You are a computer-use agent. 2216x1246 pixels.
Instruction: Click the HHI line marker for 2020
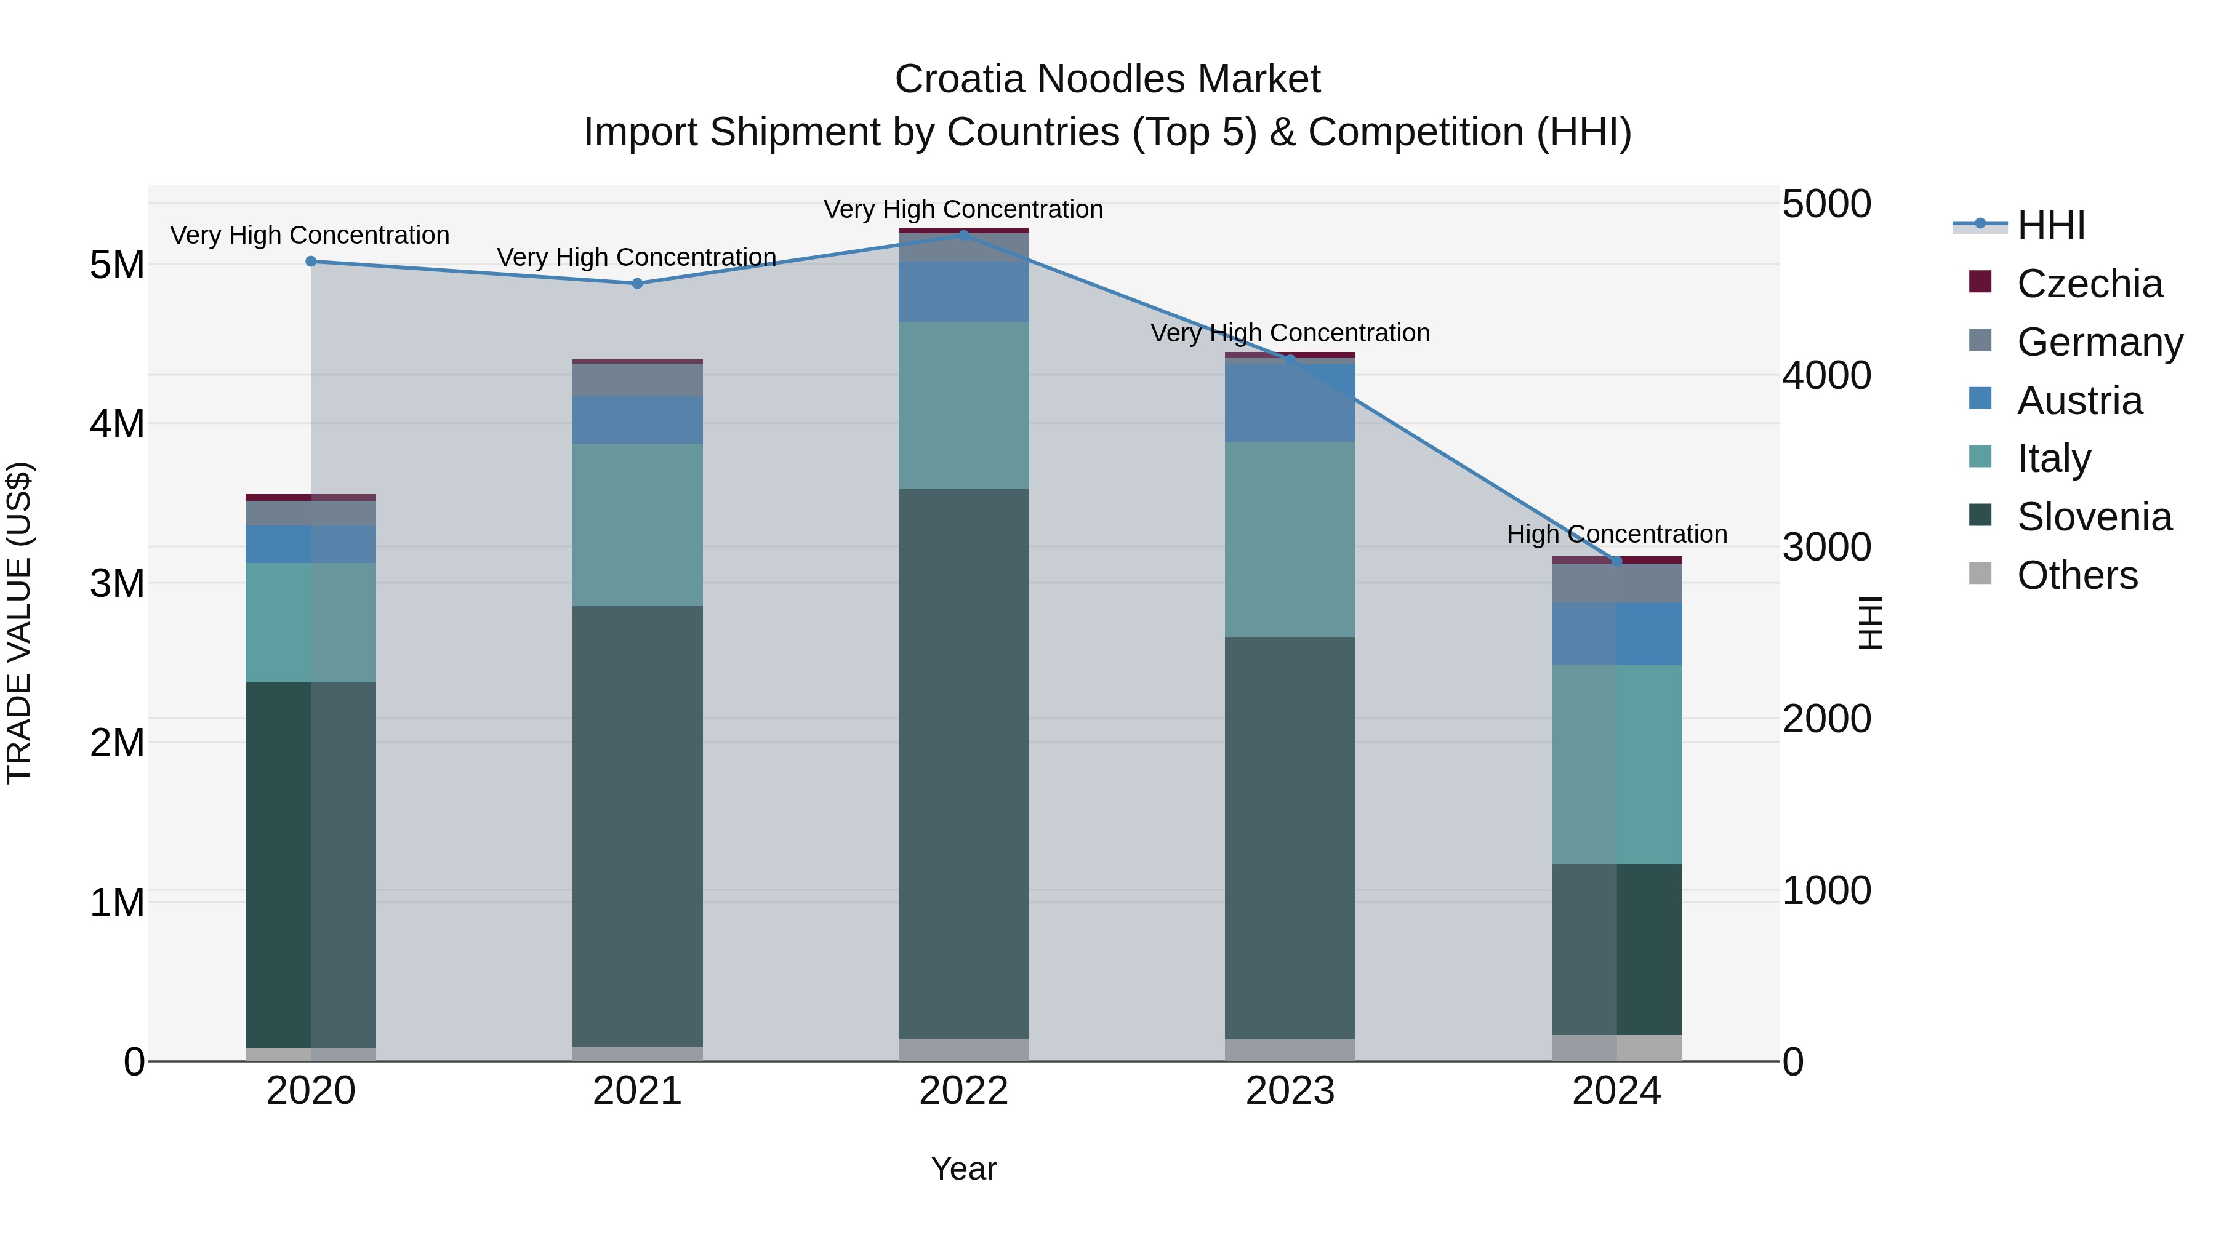(311, 262)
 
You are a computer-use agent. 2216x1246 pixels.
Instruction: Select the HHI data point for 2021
(638, 284)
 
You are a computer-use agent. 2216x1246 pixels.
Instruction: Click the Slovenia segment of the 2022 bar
(963, 764)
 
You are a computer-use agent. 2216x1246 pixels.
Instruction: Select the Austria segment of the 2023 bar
(1290, 402)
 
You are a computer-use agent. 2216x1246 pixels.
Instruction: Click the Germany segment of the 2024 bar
(1616, 583)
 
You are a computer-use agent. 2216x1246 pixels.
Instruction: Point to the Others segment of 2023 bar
(1290, 1050)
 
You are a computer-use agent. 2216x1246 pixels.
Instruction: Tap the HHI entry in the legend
(2051, 225)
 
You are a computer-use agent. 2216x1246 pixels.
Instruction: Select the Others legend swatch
(1980, 573)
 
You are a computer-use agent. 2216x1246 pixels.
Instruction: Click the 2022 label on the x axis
(963, 1091)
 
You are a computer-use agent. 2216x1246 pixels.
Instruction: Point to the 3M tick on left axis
(117, 584)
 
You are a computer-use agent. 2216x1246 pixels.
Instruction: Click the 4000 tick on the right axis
(1826, 376)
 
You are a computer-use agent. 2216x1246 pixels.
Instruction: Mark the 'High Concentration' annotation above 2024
(1616, 534)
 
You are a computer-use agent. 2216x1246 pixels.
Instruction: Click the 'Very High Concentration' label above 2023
(1290, 333)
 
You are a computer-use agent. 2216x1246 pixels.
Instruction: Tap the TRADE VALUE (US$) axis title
(19, 623)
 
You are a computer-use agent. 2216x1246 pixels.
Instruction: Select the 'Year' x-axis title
(963, 1168)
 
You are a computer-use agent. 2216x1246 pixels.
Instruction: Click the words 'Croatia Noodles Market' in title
(1107, 79)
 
